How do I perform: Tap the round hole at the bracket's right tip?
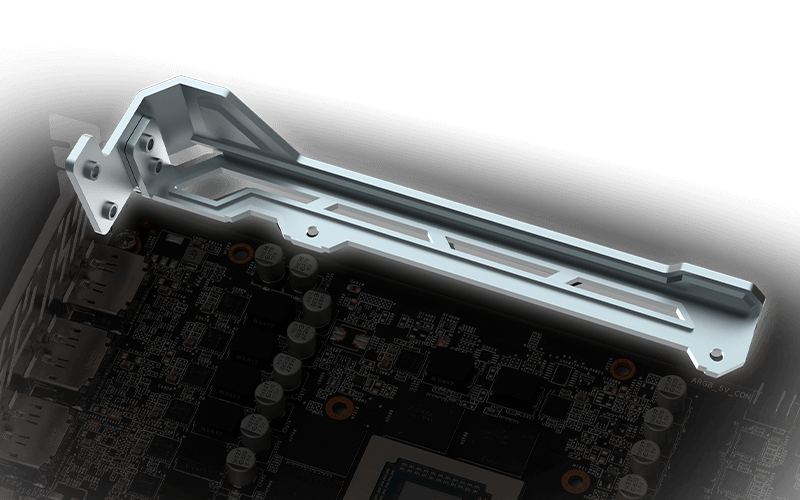716,352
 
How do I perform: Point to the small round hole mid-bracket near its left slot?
314,231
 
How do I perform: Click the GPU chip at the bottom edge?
440,480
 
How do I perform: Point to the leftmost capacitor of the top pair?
268,259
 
